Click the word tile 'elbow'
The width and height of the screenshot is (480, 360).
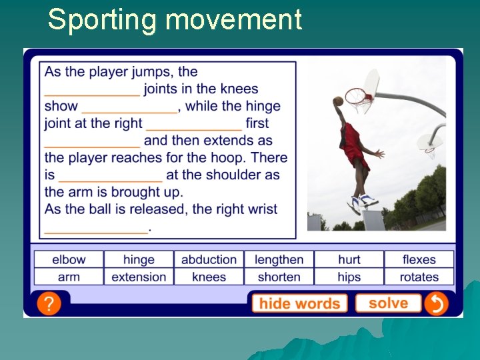69,259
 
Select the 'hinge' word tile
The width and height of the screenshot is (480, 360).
139,259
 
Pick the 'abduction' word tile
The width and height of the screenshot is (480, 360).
209,259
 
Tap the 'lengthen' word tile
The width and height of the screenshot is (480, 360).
279,259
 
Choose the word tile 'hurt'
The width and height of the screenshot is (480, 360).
349,259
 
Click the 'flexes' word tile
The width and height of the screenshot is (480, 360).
419,259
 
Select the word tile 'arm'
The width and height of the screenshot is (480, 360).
69,277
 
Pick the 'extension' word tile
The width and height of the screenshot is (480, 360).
139,277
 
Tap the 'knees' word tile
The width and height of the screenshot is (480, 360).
209,277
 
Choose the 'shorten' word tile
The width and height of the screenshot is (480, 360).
279,277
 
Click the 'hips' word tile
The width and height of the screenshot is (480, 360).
349,277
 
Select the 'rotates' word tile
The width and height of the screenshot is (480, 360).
419,277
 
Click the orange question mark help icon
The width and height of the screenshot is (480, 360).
49,303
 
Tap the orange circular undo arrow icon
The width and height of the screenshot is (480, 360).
437,304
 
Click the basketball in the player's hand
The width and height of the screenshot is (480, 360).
338,101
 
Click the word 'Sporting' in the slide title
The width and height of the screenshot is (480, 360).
103,19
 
